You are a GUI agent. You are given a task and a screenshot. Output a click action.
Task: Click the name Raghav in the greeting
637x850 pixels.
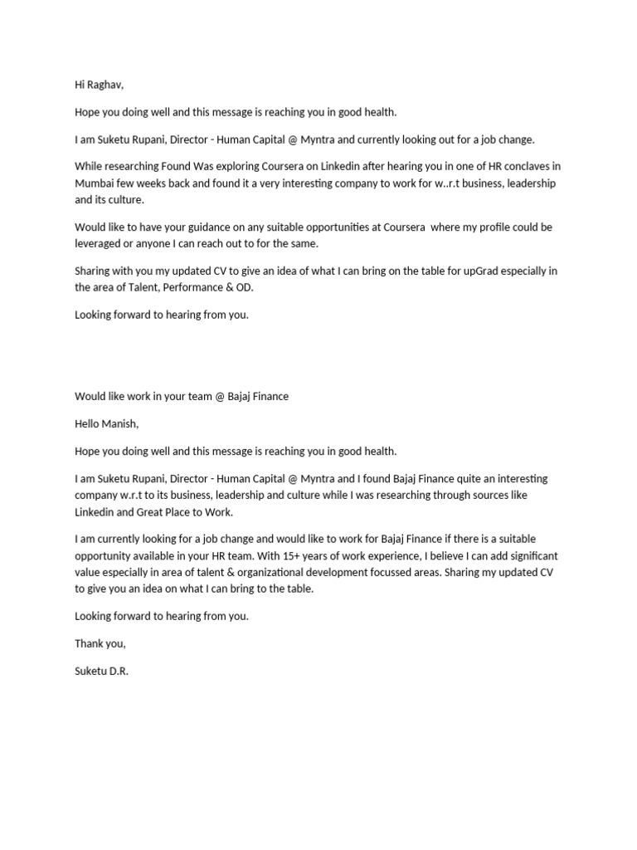click(x=105, y=84)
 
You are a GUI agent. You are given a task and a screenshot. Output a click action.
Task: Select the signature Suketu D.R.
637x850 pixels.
click(x=102, y=670)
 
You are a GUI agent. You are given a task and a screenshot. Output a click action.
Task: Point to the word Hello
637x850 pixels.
click(x=89, y=424)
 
